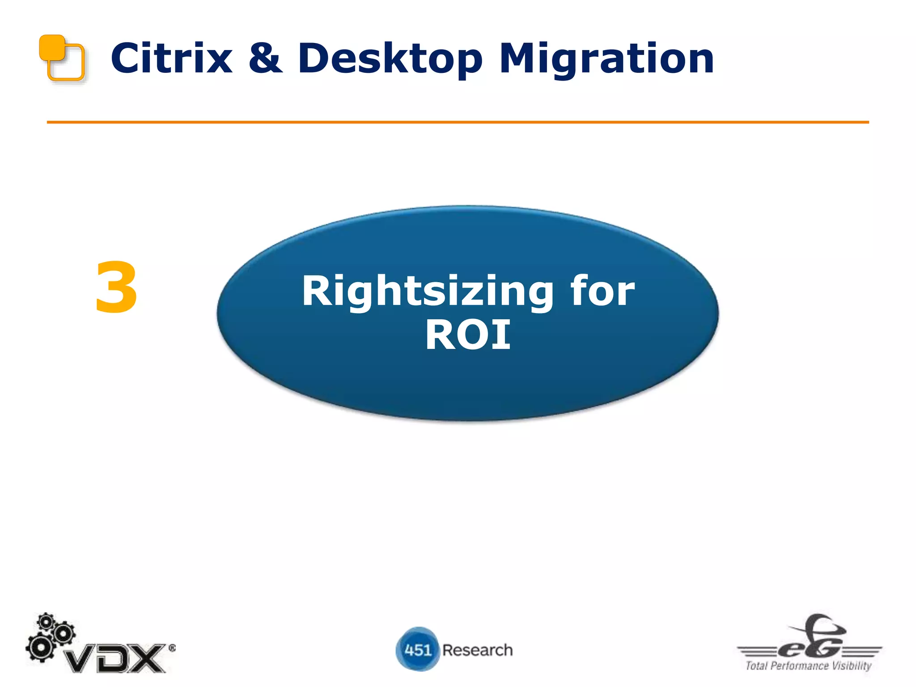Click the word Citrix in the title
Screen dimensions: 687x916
click(171, 59)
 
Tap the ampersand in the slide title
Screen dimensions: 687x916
click(265, 59)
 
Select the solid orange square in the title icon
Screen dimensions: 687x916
click(52, 47)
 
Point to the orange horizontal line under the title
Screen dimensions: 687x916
click(458, 122)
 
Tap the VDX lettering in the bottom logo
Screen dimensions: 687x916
click(115, 658)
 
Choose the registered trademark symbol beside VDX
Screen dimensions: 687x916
click(172, 648)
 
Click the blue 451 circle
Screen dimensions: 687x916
click(417, 649)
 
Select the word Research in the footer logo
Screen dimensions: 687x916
click(477, 650)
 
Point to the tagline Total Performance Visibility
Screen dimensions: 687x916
click(808, 666)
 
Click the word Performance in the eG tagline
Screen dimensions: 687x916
click(800, 666)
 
